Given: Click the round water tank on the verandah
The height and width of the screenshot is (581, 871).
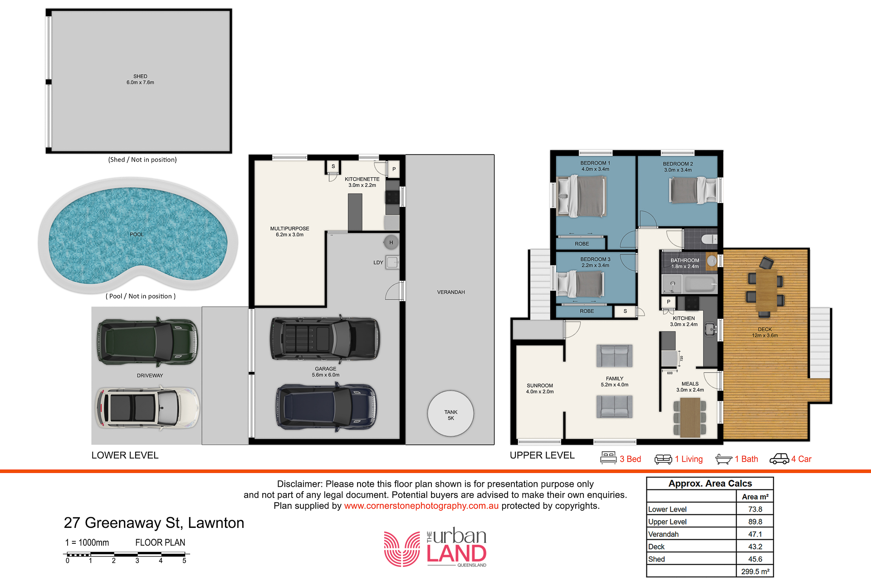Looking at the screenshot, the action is pyautogui.click(x=450, y=414).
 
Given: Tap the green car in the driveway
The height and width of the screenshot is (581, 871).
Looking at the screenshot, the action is pyautogui.click(x=147, y=342).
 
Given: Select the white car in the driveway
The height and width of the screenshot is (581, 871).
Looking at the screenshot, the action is pyautogui.click(x=147, y=408).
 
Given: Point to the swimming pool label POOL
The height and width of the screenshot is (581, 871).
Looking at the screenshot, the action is pyautogui.click(x=137, y=234).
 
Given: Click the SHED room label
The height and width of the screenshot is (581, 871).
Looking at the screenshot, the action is pyautogui.click(x=140, y=76).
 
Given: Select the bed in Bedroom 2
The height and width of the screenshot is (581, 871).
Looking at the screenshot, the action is pyautogui.click(x=692, y=190).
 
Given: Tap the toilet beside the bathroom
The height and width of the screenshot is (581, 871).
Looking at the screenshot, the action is pyautogui.click(x=709, y=239).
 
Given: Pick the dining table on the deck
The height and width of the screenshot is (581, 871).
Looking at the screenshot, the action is pyautogui.click(x=766, y=290).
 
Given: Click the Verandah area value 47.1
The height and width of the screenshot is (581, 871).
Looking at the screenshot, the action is pyautogui.click(x=755, y=534).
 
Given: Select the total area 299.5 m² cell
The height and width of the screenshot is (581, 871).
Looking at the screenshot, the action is pyautogui.click(x=755, y=571).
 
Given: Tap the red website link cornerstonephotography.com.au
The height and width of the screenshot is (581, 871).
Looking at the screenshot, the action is pyautogui.click(x=421, y=506).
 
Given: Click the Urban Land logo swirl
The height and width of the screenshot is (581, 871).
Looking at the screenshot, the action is pyautogui.click(x=402, y=549).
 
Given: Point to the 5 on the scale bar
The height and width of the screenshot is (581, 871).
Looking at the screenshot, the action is pyautogui.click(x=184, y=561).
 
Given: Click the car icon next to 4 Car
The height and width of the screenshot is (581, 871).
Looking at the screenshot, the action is pyautogui.click(x=779, y=459).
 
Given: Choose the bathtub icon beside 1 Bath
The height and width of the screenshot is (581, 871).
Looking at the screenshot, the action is pyautogui.click(x=724, y=459).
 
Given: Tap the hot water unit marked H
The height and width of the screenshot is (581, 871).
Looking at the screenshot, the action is pyautogui.click(x=391, y=243).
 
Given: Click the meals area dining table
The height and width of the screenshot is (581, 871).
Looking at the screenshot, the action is pyautogui.click(x=690, y=417).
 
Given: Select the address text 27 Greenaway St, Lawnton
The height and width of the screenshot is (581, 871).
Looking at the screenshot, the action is pyautogui.click(x=154, y=523).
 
